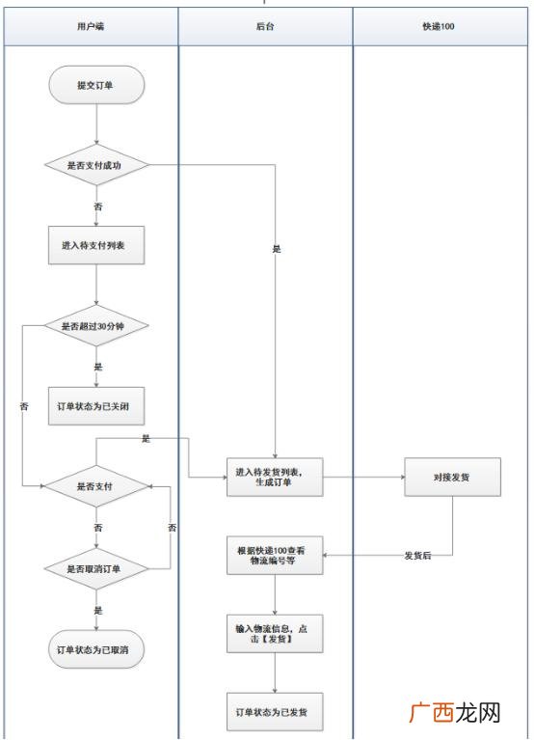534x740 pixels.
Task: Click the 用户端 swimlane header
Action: pyautogui.click(x=91, y=26)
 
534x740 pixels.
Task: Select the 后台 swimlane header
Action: pyautogui.click(x=265, y=26)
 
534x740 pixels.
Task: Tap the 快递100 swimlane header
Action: pyautogui.click(x=441, y=26)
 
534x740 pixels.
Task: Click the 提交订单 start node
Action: pyautogui.click(x=96, y=85)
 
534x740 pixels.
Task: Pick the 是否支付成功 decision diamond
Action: pyautogui.click(x=96, y=165)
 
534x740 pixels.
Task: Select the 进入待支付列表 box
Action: pyautogui.click(x=96, y=245)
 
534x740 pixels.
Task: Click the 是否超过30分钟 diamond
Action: pyautogui.click(x=96, y=326)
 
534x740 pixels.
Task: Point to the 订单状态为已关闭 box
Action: pyautogui.click(x=96, y=406)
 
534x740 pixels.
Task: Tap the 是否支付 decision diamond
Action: pyautogui.click(x=96, y=486)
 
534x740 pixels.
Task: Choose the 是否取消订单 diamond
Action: pyautogui.click(x=96, y=568)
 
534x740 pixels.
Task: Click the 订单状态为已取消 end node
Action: pyautogui.click(x=96, y=649)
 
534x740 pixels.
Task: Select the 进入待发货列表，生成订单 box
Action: pyautogui.click(x=275, y=477)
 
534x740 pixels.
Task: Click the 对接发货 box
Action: pyautogui.click(x=452, y=477)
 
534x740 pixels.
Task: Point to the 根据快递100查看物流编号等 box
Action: pyautogui.click(x=275, y=555)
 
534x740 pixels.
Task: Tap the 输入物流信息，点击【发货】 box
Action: pyautogui.click(x=275, y=633)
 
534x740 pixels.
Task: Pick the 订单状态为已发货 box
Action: pyautogui.click(x=275, y=712)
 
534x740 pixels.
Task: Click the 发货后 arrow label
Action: pyautogui.click(x=417, y=556)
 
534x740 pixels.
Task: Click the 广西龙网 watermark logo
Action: pyautogui.click(x=454, y=712)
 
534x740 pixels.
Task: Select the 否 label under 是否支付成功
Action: pyautogui.click(x=98, y=206)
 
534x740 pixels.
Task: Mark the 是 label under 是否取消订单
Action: pyautogui.click(x=98, y=610)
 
